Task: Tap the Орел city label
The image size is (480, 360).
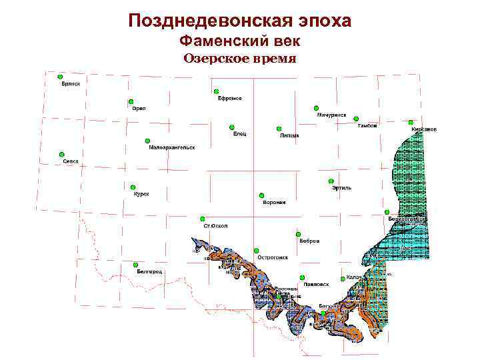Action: (139, 108)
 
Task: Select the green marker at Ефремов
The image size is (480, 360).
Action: (216, 91)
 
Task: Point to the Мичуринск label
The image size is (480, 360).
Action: (331, 115)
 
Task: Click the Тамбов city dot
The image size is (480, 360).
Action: (356, 119)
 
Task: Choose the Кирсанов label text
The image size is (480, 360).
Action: (424, 129)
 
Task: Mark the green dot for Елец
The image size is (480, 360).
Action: (231, 127)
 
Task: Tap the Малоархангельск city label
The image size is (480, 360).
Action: (171, 147)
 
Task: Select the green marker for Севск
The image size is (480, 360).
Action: (61, 154)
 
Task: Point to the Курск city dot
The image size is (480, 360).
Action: (133, 187)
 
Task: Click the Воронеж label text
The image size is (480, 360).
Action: (274, 202)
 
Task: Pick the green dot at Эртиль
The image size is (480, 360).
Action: (331, 181)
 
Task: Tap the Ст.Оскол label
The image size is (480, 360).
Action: (216, 226)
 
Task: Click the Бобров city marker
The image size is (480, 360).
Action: (298, 234)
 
